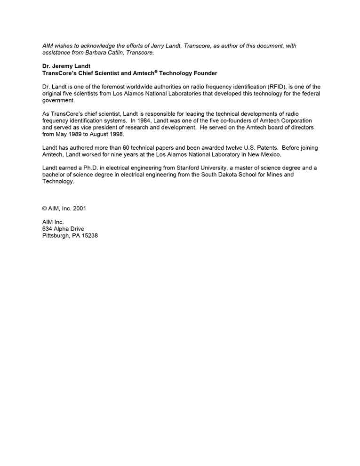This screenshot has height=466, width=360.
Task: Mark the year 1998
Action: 115,134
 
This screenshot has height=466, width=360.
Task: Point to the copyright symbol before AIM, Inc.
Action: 45,209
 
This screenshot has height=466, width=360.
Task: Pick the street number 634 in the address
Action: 47,229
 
